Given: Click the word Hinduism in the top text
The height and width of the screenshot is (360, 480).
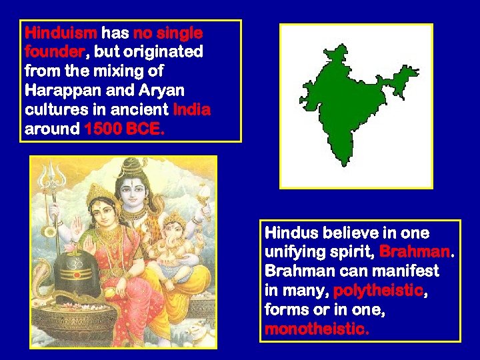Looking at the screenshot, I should [x=61, y=33].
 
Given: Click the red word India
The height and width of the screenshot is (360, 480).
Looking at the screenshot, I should [x=191, y=109].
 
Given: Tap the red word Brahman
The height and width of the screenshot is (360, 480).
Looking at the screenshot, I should [x=415, y=253].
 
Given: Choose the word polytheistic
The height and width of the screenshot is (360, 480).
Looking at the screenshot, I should [x=377, y=291].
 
